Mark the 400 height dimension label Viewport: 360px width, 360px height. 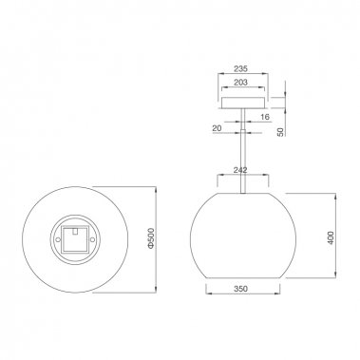click(x=330, y=235)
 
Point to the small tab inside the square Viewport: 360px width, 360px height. click(x=75, y=230)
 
